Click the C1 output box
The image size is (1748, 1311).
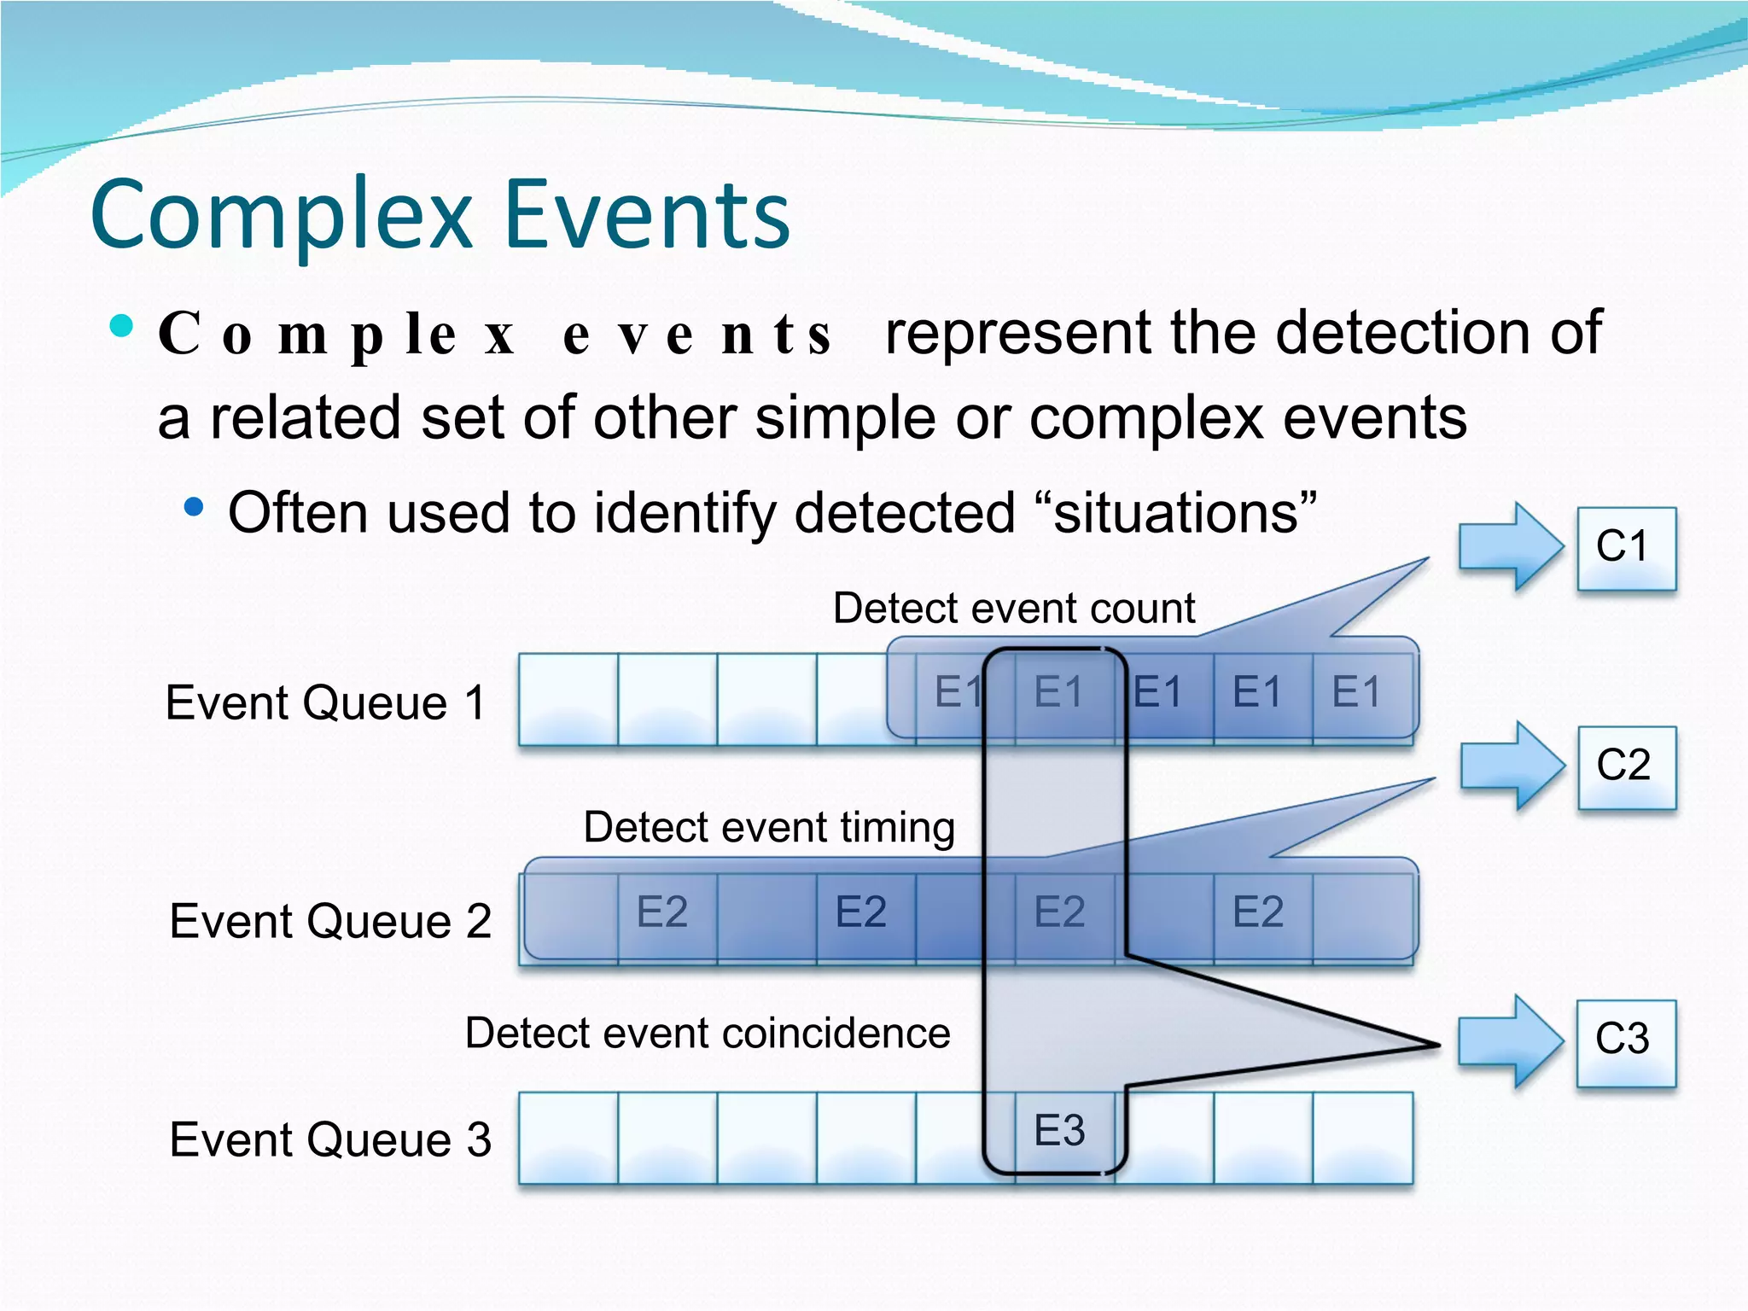pyautogui.click(x=1626, y=548)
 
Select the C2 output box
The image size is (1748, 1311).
pyautogui.click(x=1626, y=766)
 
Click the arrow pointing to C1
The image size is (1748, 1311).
pyautogui.click(x=1509, y=546)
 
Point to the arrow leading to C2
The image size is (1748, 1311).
pyautogui.click(x=1511, y=765)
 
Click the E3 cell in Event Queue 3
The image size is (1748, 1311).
pyautogui.click(x=1060, y=1131)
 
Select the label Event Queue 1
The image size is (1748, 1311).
pyautogui.click(x=326, y=703)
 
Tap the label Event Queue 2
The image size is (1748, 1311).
pyautogui.click(x=330, y=922)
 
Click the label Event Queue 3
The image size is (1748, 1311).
pyautogui.click(x=330, y=1140)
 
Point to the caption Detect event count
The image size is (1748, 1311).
pyautogui.click(x=1013, y=609)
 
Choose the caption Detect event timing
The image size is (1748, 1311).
pyautogui.click(x=768, y=827)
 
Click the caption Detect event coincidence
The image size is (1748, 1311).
pyautogui.click(x=708, y=1034)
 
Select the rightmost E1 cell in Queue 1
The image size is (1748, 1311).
pyautogui.click(x=1357, y=692)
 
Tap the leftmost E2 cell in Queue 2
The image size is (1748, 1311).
pyautogui.click(x=663, y=912)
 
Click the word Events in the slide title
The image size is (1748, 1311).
pyautogui.click(x=647, y=215)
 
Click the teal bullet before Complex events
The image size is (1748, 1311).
pyautogui.click(x=122, y=326)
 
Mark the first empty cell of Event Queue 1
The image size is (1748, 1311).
pyautogui.click(x=568, y=699)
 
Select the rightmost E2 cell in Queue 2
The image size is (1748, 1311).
pyautogui.click(x=1258, y=912)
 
